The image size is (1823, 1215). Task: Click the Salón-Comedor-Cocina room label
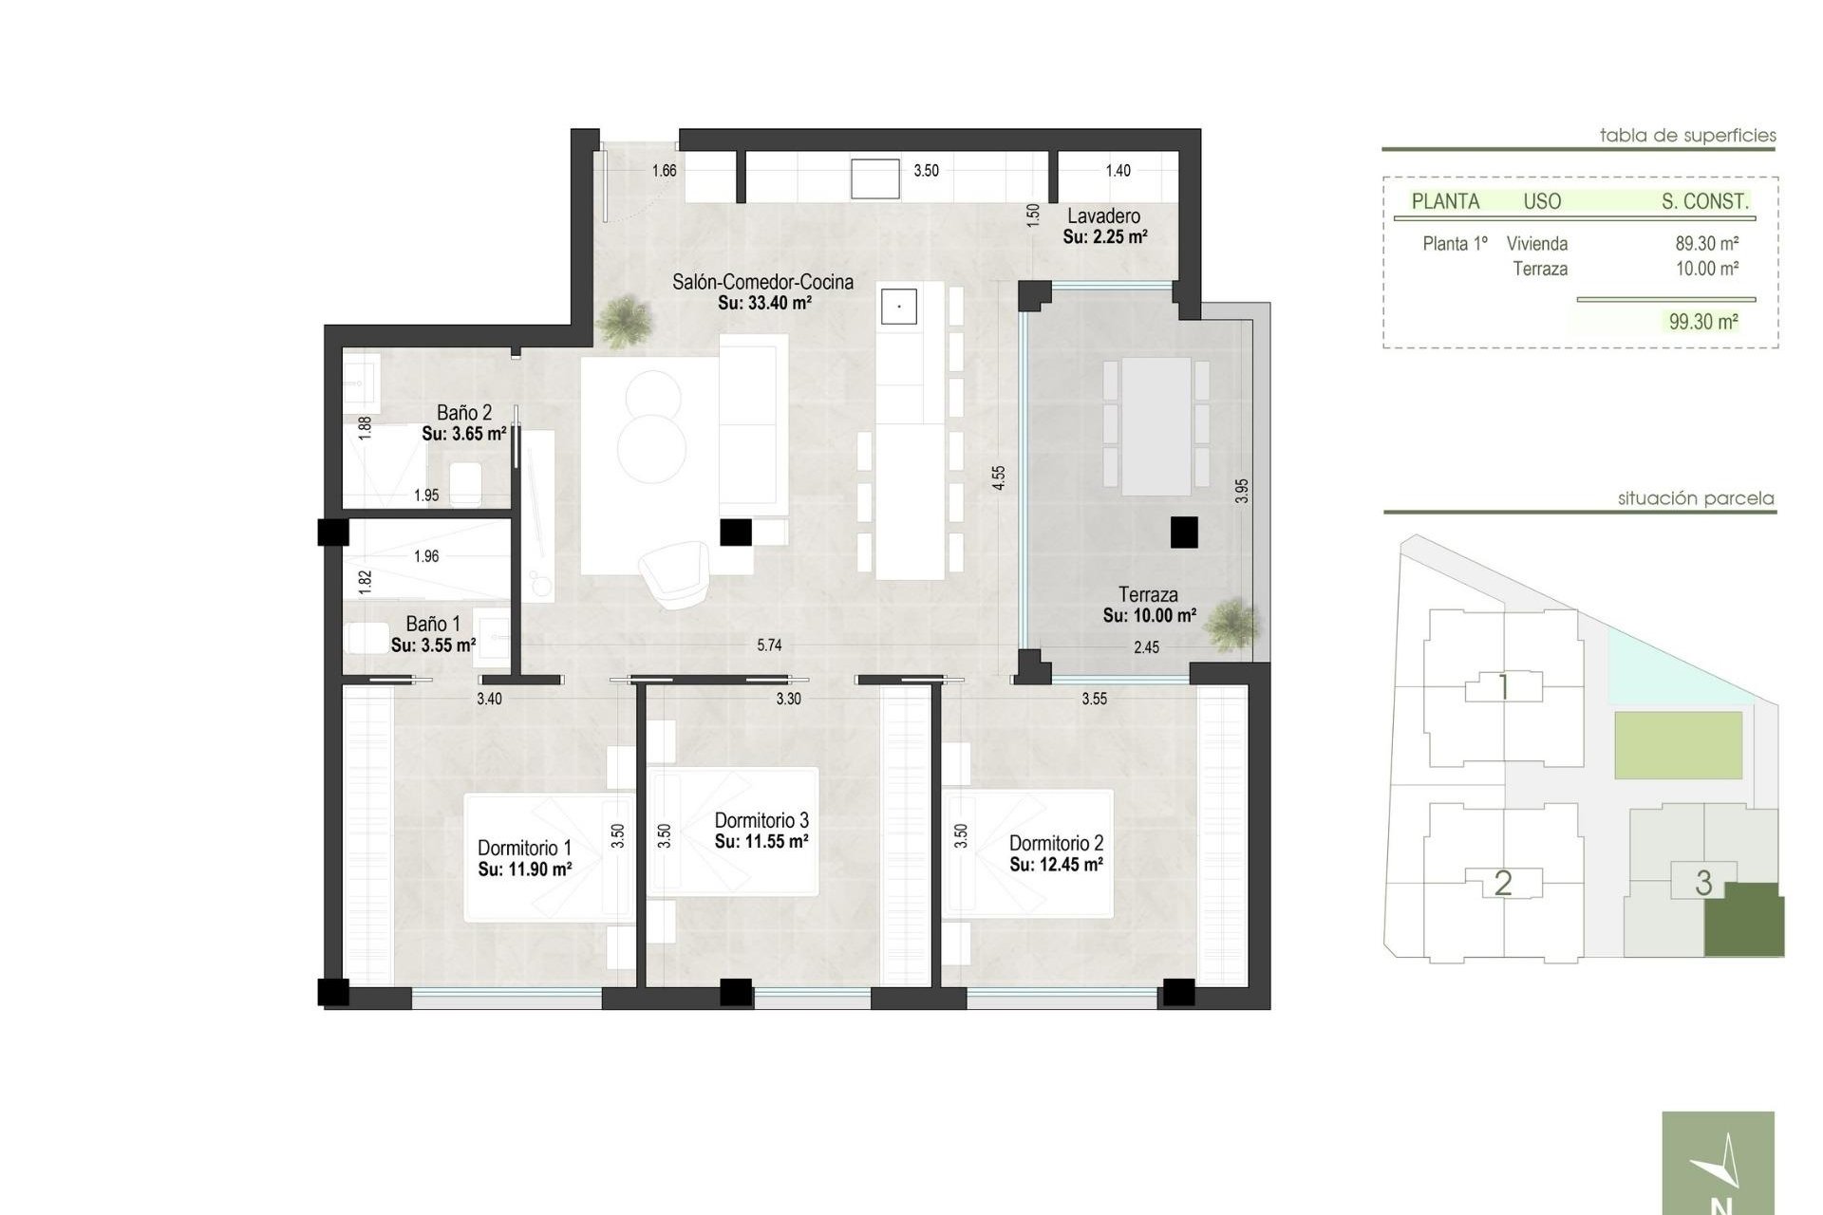point(762,282)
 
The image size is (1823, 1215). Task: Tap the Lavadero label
point(1103,216)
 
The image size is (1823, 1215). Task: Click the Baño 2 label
point(464,413)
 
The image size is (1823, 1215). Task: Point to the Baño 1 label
point(433,625)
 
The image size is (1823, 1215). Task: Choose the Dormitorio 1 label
point(524,848)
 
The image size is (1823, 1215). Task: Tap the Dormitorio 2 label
point(1056,843)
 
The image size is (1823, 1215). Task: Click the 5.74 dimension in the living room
point(769,645)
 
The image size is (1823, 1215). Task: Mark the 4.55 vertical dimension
point(998,477)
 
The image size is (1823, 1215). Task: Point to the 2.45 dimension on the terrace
point(1146,647)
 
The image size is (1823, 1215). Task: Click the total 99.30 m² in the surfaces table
point(1703,322)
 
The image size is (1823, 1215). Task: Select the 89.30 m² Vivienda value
point(1706,244)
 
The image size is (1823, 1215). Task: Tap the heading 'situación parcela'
point(1696,498)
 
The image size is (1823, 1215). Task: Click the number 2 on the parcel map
point(1502,884)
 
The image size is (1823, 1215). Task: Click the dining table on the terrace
point(1156,426)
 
